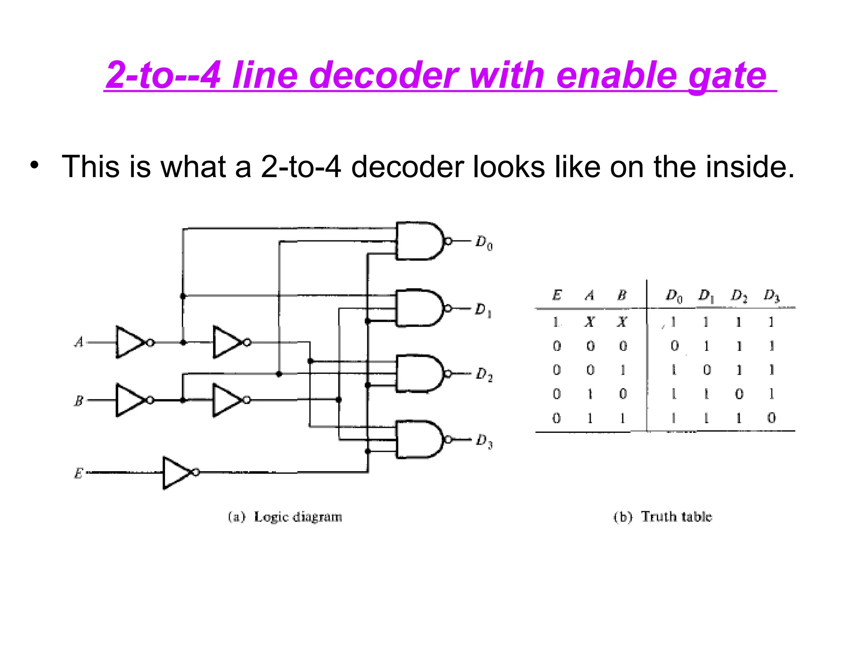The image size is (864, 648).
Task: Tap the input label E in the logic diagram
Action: tap(78, 473)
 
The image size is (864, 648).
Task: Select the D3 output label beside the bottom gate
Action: tap(484, 441)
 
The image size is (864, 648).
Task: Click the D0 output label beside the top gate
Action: tap(484, 243)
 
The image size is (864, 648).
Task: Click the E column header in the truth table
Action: tap(557, 295)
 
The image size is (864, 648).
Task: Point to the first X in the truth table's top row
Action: tap(590, 322)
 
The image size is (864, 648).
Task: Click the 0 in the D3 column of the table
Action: tap(771, 418)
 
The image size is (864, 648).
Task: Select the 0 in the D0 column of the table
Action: tap(674, 346)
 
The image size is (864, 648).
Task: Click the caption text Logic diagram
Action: tap(298, 517)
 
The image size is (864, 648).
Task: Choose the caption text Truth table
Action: tap(676, 517)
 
